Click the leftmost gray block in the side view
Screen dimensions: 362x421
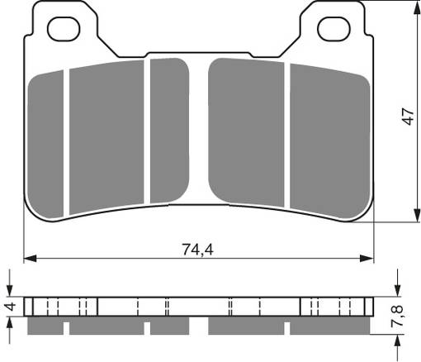point(45,327)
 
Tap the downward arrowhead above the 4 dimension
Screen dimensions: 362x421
point(10,291)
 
